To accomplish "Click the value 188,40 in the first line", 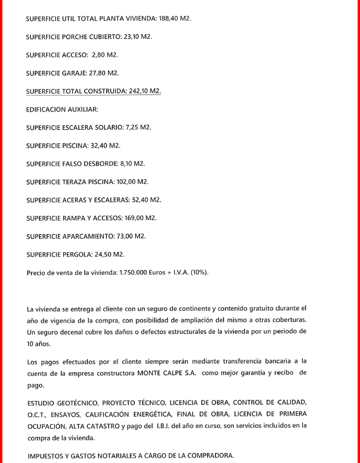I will [x=169, y=19].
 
